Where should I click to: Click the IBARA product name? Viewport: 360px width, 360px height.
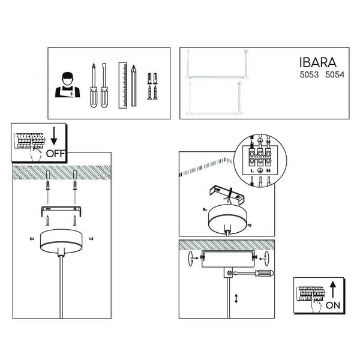coord(318,62)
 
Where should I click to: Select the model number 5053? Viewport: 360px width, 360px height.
coord(309,74)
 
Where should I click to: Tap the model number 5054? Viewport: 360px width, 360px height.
coord(335,74)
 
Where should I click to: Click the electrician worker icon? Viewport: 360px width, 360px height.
coord(67,85)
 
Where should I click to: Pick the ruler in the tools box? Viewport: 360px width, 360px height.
coord(123,85)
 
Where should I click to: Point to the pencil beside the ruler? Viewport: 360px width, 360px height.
coord(134,86)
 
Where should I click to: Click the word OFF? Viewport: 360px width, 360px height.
coord(56,154)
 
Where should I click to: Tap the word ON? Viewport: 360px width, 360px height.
coord(333,305)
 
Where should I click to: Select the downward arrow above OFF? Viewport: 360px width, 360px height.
coord(54,136)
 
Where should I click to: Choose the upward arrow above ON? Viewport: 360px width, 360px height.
coord(333,290)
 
